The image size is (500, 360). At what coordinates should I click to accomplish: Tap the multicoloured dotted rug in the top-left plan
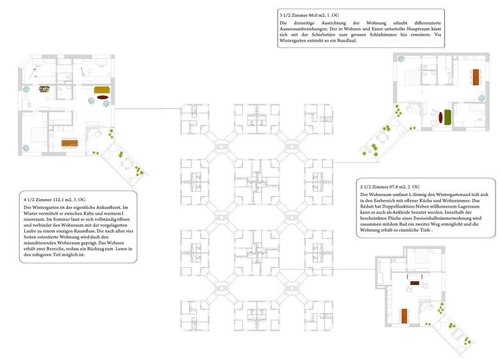tap(44, 89)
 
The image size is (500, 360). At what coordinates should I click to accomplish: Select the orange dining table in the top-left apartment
tap(70, 142)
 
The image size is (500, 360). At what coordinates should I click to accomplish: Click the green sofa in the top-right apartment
tap(446, 115)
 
